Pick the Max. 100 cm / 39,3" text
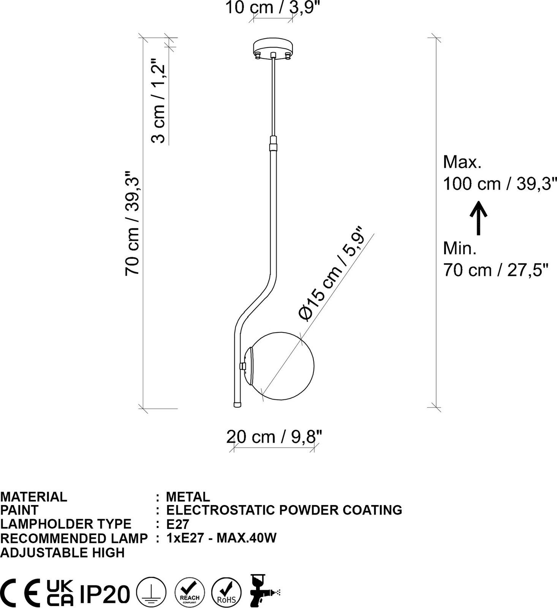[x=497, y=173]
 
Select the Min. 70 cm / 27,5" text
[x=496, y=260]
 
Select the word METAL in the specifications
[x=188, y=497]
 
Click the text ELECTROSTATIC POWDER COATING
[x=284, y=510]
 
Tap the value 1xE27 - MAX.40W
[x=221, y=538]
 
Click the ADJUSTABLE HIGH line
[x=62, y=553]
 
